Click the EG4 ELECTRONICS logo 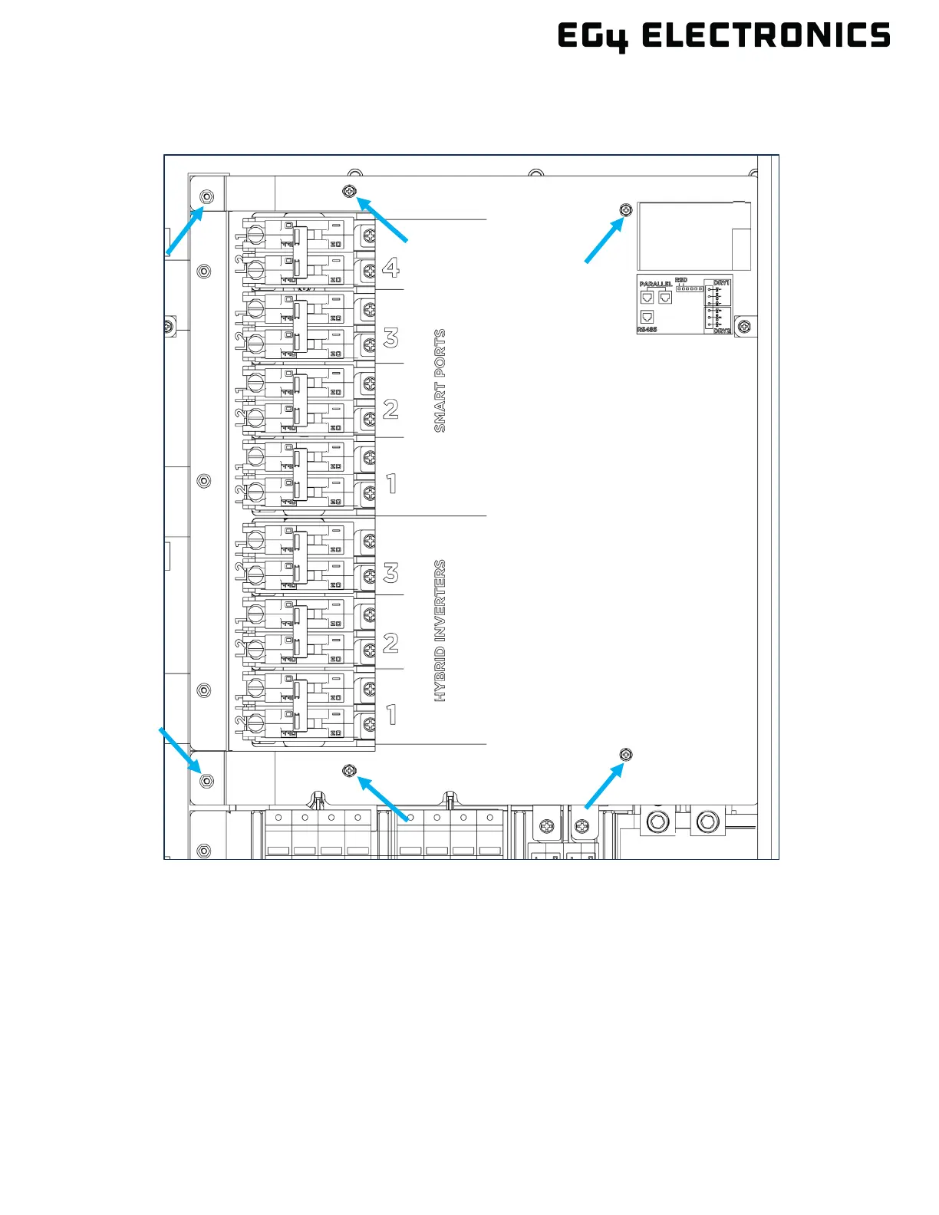click(x=723, y=36)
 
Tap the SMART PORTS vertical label click(x=440, y=380)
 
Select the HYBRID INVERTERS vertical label click(x=440, y=631)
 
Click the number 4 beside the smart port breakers click(x=390, y=268)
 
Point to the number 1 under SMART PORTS click(x=392, y=484)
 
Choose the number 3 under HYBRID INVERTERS click(x=391, y=573)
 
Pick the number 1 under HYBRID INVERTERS click(x=392, y=715)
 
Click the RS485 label click(x=647, y=330)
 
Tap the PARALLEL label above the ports click(x=656, y=284)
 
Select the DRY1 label click(x=721, y=283)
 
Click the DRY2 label click(x=722, y=331)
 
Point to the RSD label click(x=681, y=281)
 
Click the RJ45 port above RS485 click(x=647, y=317)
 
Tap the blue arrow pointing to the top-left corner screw click(x=184, y=231)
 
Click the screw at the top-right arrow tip click(x=626, y=209)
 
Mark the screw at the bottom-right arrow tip click(x=626, y=756)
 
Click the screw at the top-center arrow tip click(x=351, y=190)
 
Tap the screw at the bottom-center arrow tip click(x=351, y=770)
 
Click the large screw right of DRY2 click(x=744, y=327)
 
